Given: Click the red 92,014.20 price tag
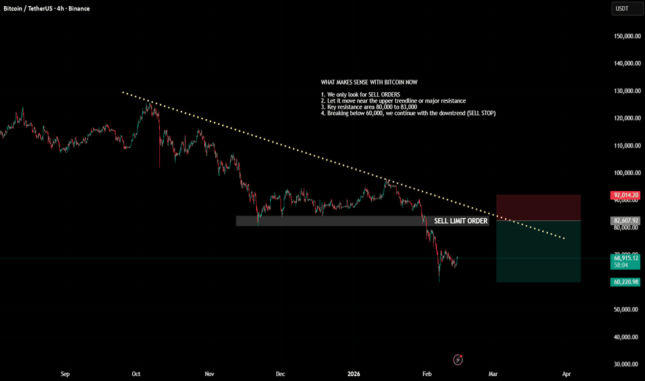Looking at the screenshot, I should point(626,195).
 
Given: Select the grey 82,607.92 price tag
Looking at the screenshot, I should point(626,221).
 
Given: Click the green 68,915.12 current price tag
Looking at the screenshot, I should point(626,257).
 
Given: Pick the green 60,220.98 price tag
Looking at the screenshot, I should point(626,282).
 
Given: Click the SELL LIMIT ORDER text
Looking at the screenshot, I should point(461,221).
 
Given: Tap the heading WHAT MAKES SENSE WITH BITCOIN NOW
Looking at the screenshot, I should point(369,82).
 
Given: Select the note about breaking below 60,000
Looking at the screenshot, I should point(408,113).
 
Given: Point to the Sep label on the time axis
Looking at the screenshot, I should point(65,374).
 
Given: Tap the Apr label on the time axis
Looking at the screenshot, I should point(566,374).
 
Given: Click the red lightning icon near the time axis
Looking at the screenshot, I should point(458,360).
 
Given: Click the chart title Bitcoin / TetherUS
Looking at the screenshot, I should point(30,8).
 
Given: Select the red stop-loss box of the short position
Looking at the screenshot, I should point(538,208).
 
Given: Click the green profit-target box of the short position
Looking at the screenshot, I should point(538,251).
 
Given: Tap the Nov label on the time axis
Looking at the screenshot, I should point(209,374).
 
